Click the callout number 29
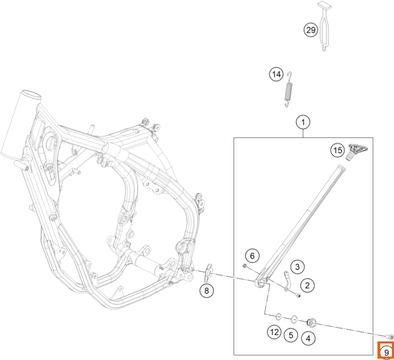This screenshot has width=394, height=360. pyautogui.click(x=311, y=30)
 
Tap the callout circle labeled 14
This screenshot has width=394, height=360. pyautogui.click(x=276, y=74)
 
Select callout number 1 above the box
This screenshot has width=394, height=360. pyautogui.click(x=303, y=122)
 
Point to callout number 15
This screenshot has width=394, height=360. pyautogui.click(x=338, y=150)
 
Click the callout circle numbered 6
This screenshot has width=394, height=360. pyautogui.click(x=252, y=256)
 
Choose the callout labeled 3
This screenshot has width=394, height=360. pyautogui.click(x=298, y=267)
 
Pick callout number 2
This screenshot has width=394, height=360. pyautogui.click(x=307, y=286)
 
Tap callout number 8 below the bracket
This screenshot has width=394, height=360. pyautogui.click(x=207, y=291)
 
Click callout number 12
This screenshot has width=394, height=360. pyautogui.click(x=274, y=332)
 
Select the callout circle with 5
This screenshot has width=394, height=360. pyautogui.click(x=291, y=335)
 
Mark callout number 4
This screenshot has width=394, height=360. pyautogui.click(x=309, y=339)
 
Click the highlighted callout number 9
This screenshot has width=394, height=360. pyautogui.click(x=386, y=352)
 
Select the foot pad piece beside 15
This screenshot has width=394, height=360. pyautogui.click(x=357, y=151)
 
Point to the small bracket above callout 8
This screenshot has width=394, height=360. pyautogui.click(x=208, y=272)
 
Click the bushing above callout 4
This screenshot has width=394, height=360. pyautogui.click(x=312, y=322)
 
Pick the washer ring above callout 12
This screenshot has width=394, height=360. pyautogui.click(x=278, y=317)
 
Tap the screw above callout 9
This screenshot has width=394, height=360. pyautogui.click(x=390, y=337)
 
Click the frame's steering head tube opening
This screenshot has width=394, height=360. pyautogui.click(x=32, y=94)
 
